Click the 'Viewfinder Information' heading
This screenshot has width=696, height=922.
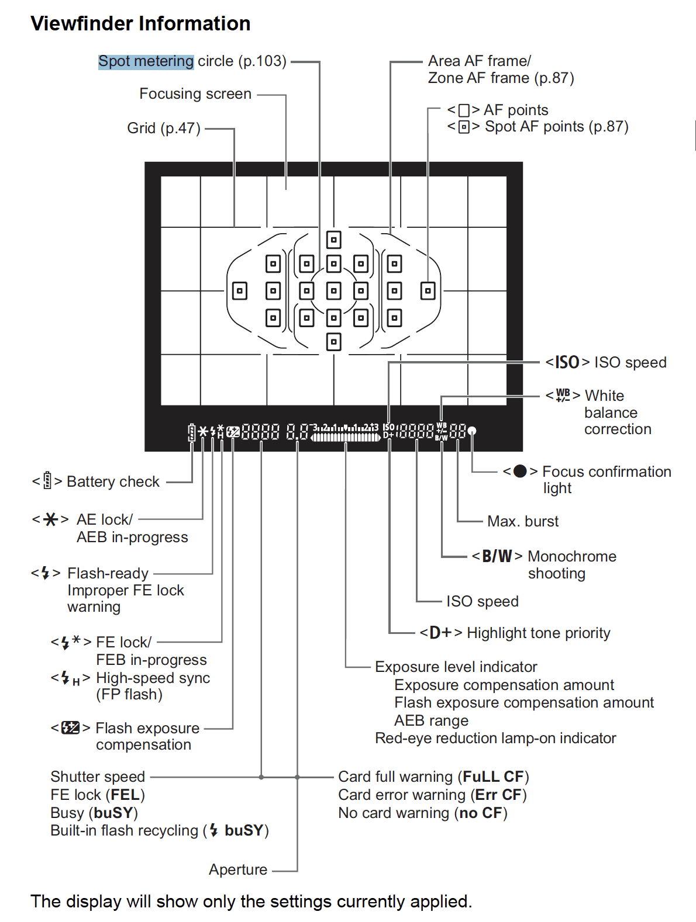[x=140, y=23]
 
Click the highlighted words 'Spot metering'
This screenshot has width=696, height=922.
[x=146, y=61]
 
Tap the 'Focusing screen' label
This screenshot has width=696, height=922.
[x=195, y=94]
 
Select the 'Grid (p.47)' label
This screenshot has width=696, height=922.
[x=164, y=129]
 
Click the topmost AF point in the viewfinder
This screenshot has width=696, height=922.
[x=333, y=240]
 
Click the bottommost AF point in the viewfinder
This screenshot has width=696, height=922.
[x=333, y=342]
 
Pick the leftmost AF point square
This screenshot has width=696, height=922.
[x=240, y=290]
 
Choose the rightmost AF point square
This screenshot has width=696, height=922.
[x=428, y=290]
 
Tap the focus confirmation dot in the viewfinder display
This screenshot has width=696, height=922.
[x=472, y=431]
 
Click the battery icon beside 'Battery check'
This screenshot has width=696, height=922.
[x=47, y=481]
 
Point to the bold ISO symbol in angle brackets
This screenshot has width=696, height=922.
[x=567, y=362]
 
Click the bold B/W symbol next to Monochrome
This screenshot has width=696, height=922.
[x=497, y=556]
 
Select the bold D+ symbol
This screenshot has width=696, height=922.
[x=441, y=633]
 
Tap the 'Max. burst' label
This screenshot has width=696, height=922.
[x=523, y=521]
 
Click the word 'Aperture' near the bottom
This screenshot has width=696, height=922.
[x=238, y=869]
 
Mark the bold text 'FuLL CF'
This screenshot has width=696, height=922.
[x=493, y=777]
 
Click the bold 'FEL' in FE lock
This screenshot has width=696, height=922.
[x=125, y=795]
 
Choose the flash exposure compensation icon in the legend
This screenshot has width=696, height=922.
[x=70, y=728]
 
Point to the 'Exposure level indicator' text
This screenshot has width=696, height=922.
[x=456, y=667]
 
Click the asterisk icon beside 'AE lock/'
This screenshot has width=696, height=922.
[x=51, y=519]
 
